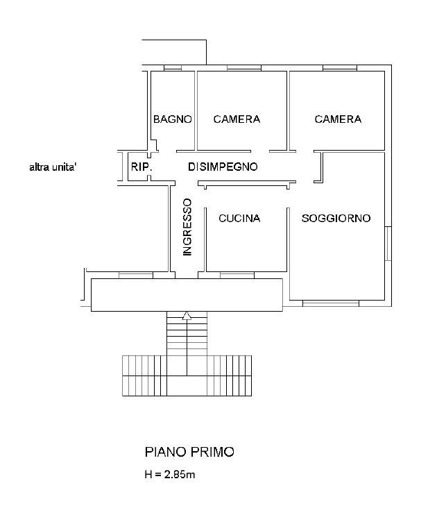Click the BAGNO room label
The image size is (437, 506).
172,119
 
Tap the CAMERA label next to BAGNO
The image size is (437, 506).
237,119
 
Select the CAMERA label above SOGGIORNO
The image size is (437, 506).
338,119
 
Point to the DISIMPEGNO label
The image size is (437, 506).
223,167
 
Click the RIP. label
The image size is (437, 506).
142,167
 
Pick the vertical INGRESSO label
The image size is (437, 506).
187,228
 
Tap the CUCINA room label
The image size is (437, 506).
239,219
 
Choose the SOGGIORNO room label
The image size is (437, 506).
336,219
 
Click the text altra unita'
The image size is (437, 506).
53,167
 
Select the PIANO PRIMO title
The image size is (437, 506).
189,452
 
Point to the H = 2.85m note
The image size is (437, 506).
170,475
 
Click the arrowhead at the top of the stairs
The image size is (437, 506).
187,317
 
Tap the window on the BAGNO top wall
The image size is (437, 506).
173,68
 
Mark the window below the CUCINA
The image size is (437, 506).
238,275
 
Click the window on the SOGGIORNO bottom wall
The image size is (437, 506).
331,303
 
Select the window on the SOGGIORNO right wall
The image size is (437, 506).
388,243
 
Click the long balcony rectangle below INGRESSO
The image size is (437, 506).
187,295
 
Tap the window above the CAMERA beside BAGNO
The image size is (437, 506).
239,68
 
